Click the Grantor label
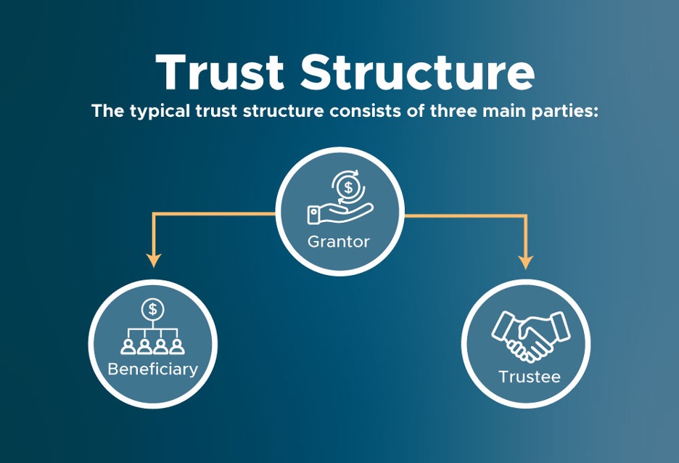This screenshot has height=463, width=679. click(x=339, y=242)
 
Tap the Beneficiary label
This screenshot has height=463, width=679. click(x=152, y=369)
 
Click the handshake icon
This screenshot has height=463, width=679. click(x=522, y=336)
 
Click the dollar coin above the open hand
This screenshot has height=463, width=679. click(x=350, y=187)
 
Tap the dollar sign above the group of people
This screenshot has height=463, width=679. click(x=152, y=308)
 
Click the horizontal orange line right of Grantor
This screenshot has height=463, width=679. click(x=464, y=216)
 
